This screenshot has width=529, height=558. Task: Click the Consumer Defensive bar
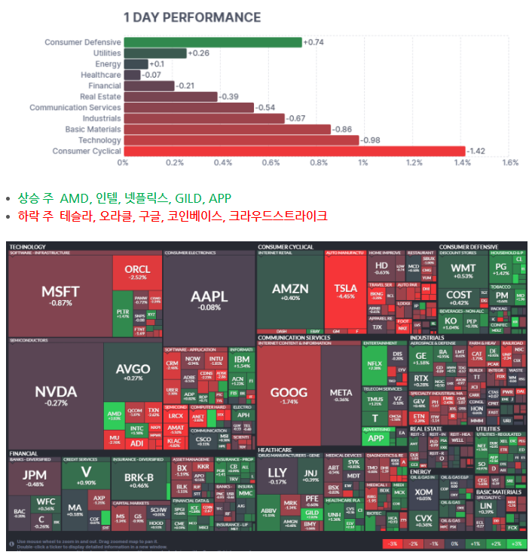click(x=212, y=42)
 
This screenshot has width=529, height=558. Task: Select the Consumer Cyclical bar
click(x=294, y=151)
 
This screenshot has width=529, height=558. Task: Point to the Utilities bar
click(x=154, y=53)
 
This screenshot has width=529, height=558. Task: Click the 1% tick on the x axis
click(x=363, y=163)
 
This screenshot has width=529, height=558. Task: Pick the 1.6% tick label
click(x=510, y=163)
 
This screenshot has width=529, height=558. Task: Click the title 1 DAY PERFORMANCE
click(x=191, y=17)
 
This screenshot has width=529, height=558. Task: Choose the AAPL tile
click(x=209, y=297)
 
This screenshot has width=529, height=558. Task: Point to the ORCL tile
click(x=137, y=271)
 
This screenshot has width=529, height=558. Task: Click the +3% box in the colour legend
click(x=515, y=543)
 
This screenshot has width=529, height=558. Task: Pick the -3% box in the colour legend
click(x=391, y=543)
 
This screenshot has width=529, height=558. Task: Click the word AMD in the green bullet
click(x=74, y=198)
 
